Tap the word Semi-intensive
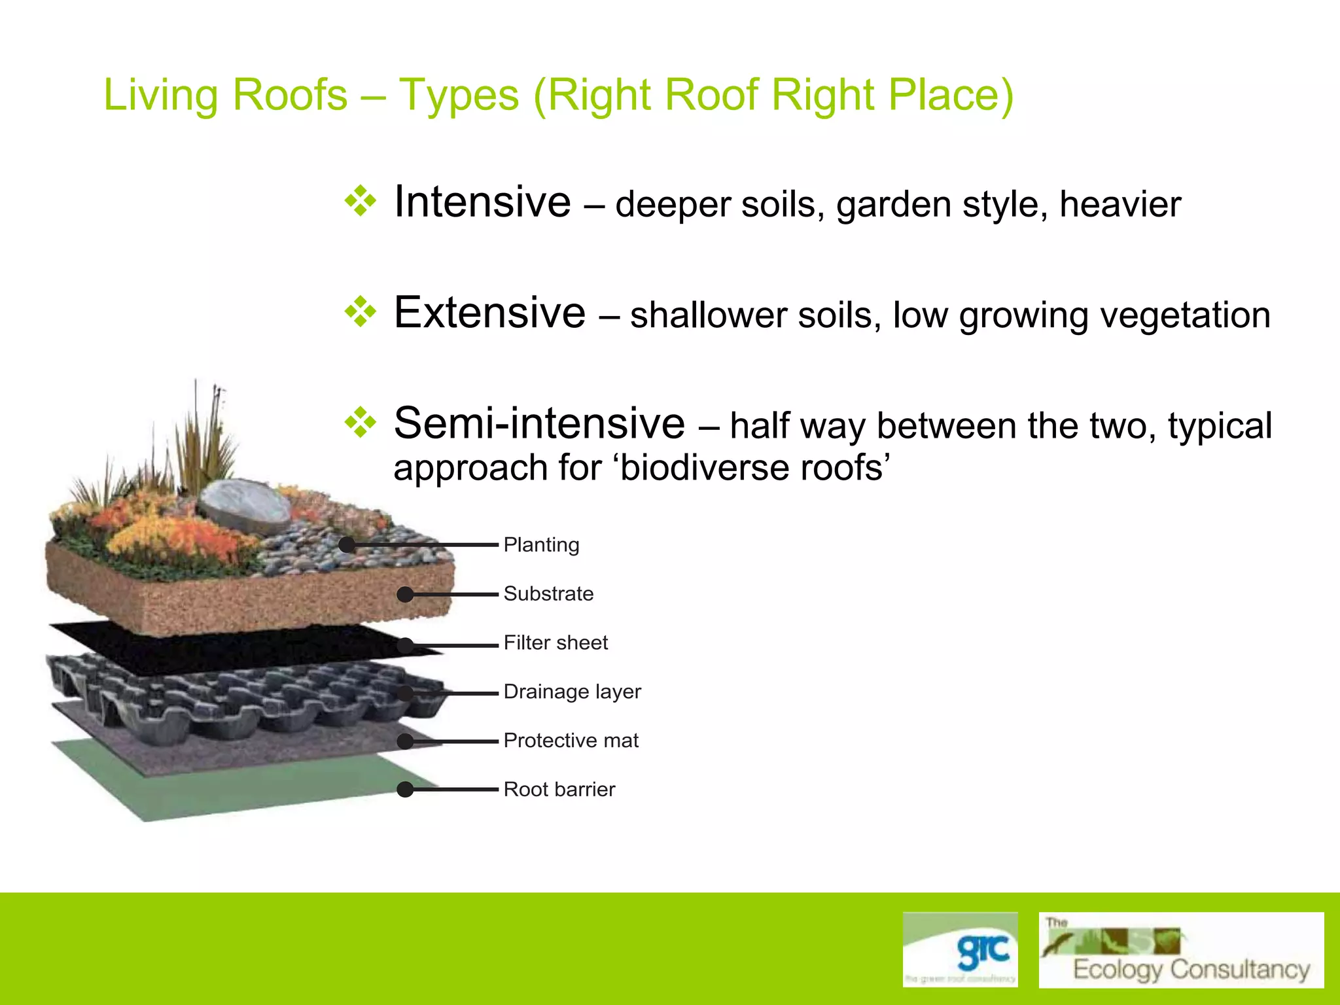click(x=539, y=423)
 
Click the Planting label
click(x=541, y=545)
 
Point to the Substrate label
click(x=548, y=593)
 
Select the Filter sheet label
click(x=555, y=643)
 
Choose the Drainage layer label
click(x=572, y=692)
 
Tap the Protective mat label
click(x=571, y=740)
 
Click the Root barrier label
click(x=559, y=789)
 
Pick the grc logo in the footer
click(x=960, y=949)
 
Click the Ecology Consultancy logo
click(x=1180, y=950)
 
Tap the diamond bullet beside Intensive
click(x=361, y=201)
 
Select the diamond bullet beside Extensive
click(x=361, y=311)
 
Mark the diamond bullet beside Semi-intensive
click(x=361, y=423)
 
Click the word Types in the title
click(x=459, y=95)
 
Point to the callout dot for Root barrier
click(x=405, y=790)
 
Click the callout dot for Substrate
click(x=405, y=594)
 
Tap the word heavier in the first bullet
click(x=1120, y=204)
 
